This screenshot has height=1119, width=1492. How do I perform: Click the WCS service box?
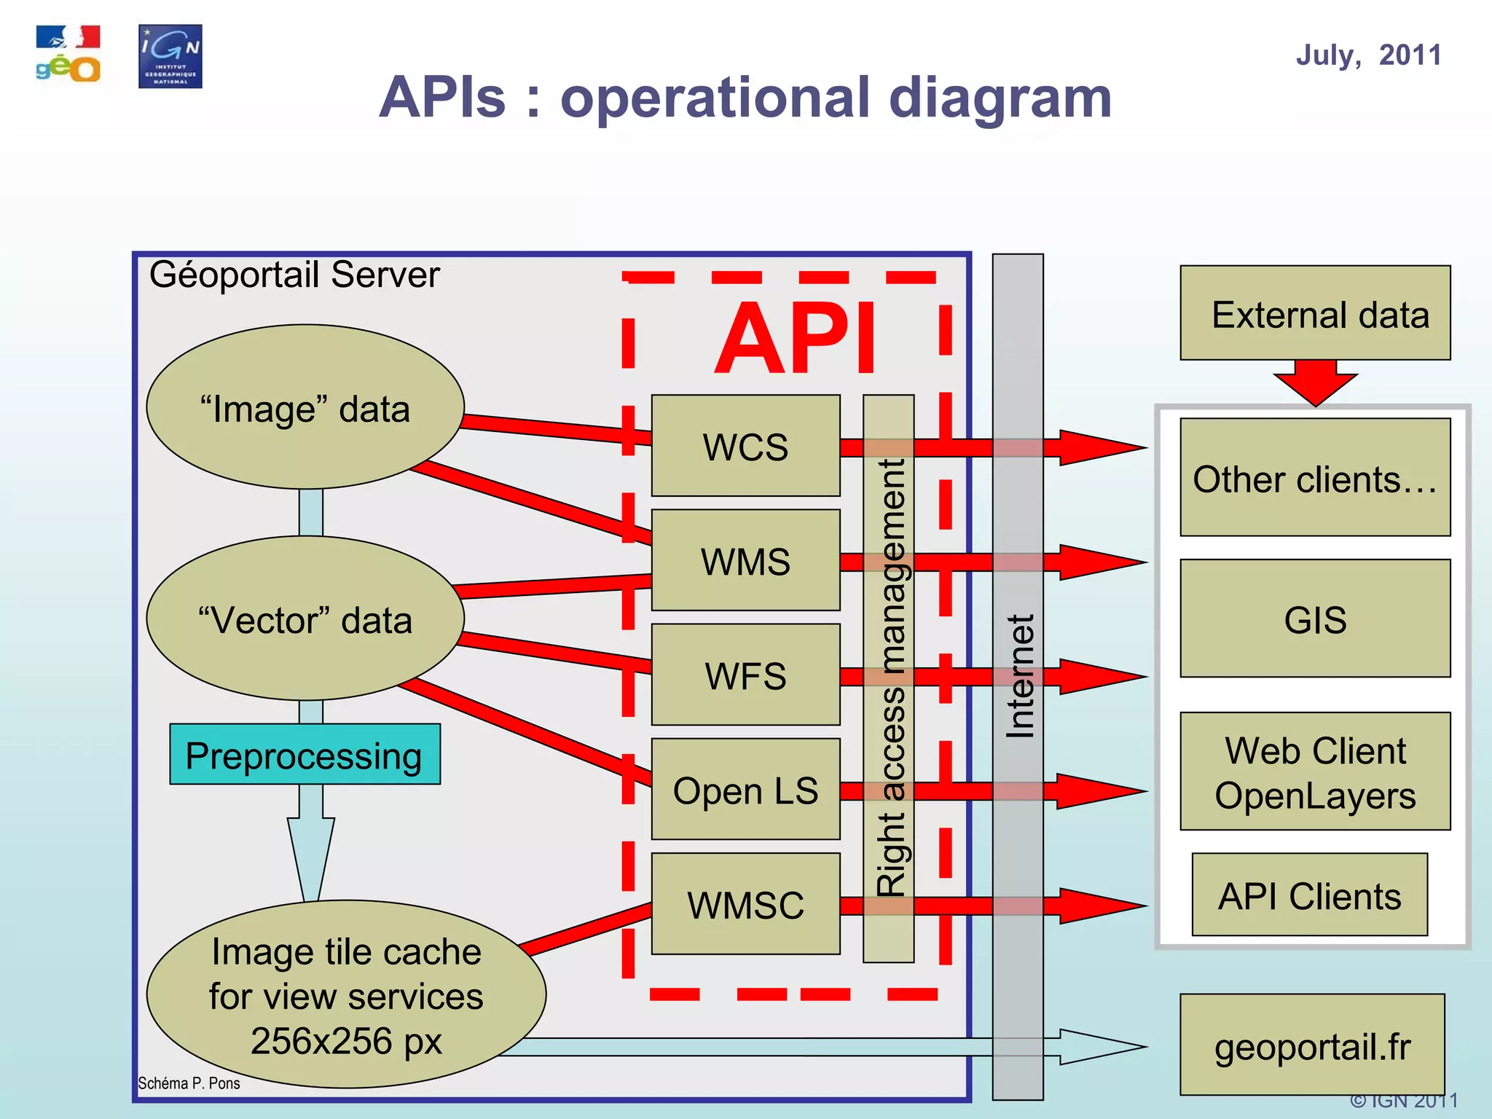pos(745,446)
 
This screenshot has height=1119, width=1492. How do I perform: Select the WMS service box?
pos(745,560)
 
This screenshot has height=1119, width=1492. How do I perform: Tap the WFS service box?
pos(745,675)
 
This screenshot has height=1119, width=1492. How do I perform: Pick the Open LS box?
pos(745,790)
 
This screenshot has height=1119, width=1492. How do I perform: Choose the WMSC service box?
pos(745,904)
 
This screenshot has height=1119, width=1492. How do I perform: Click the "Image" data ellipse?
pos(305,407)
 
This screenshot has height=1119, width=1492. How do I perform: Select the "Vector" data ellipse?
pos(305,619)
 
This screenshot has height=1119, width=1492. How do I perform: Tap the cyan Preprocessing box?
pos(305,755)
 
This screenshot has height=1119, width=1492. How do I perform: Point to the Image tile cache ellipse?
pos(346,995)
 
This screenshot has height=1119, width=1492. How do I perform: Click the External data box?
pos(1315,313)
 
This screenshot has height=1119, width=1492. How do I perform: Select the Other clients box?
pos(1315,478)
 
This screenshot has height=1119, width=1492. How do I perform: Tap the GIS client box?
pos(1315,619)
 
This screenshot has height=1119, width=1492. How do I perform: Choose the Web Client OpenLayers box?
pos(1315,772)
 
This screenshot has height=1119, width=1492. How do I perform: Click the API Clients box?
pos(1309,895)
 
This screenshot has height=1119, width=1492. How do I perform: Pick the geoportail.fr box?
pos(1312,1045)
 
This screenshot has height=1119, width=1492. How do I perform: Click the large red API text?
pos(796,338)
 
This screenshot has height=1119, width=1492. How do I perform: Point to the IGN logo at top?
pos(170,57)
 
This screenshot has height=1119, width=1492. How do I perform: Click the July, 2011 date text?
pos(1368,55)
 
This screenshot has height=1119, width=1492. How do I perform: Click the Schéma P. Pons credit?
pos(189,1083)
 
